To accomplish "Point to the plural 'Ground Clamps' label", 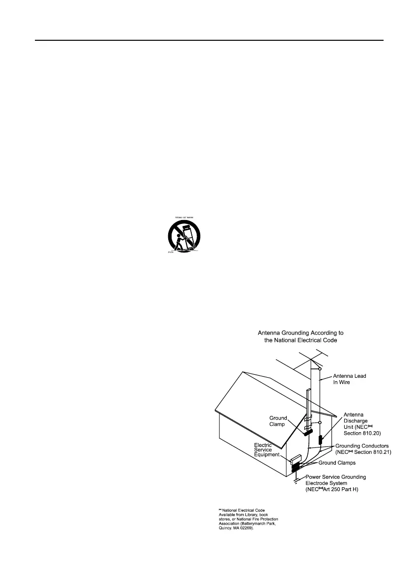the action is point(337,463).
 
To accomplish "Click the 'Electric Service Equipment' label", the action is point(266,450).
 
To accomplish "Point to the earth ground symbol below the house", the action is point(295,480).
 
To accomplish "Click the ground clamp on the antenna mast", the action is point(308,432).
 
